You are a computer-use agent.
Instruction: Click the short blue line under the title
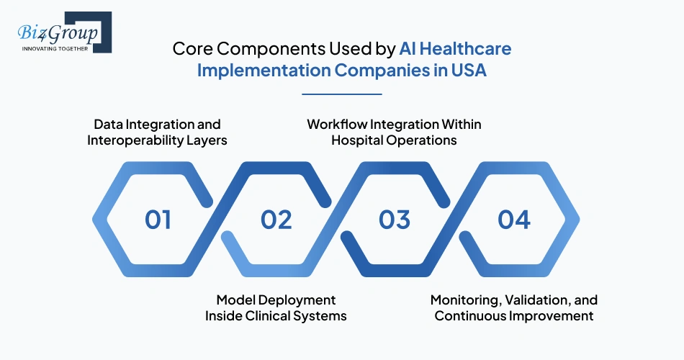click(341, 94)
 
